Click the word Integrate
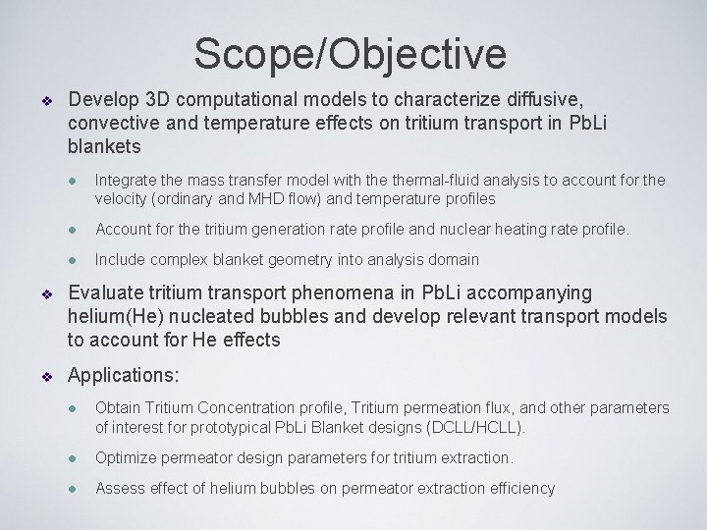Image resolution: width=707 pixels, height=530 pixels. click(x=127, y=180)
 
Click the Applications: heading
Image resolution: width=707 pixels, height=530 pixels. click(x=122, y=374)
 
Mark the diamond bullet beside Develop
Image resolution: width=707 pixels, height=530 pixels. click(x=44, y=101)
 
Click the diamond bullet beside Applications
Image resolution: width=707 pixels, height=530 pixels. click(x=44, y=375)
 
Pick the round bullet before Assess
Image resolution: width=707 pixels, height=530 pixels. click(x=73, y=489)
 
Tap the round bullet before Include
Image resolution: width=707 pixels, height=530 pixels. click(x=73, y=261)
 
